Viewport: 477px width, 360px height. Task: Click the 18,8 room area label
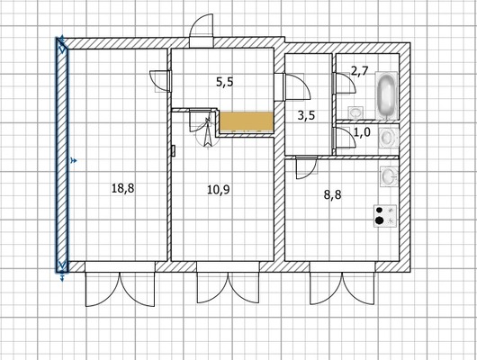point(123,188)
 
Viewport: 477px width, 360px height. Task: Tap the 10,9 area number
point(219,190)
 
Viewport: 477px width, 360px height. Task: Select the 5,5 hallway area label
point(225,82)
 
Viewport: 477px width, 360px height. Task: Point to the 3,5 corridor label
point(306,115)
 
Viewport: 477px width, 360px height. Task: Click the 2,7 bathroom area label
point(360,71)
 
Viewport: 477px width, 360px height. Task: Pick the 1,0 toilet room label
point(363,132)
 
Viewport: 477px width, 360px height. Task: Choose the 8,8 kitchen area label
point(332,194)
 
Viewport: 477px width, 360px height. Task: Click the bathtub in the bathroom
point(386,95)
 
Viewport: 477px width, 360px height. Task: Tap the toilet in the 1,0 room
point(388,138)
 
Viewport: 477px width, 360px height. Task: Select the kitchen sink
point(389,175)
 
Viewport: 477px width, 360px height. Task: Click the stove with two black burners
point(385,215)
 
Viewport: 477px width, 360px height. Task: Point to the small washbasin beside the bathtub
point(355,112)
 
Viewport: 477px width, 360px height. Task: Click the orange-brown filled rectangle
point(247,122)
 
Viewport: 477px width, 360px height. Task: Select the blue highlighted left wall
point(62,155)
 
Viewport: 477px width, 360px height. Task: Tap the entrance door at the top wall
point(201,31)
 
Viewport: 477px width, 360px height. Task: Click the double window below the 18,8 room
point(120,283)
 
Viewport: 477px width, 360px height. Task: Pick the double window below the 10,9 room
point(229,282)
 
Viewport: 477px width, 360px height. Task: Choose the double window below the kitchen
point(343,283)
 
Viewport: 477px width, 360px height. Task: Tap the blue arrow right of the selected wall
point(73,161)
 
